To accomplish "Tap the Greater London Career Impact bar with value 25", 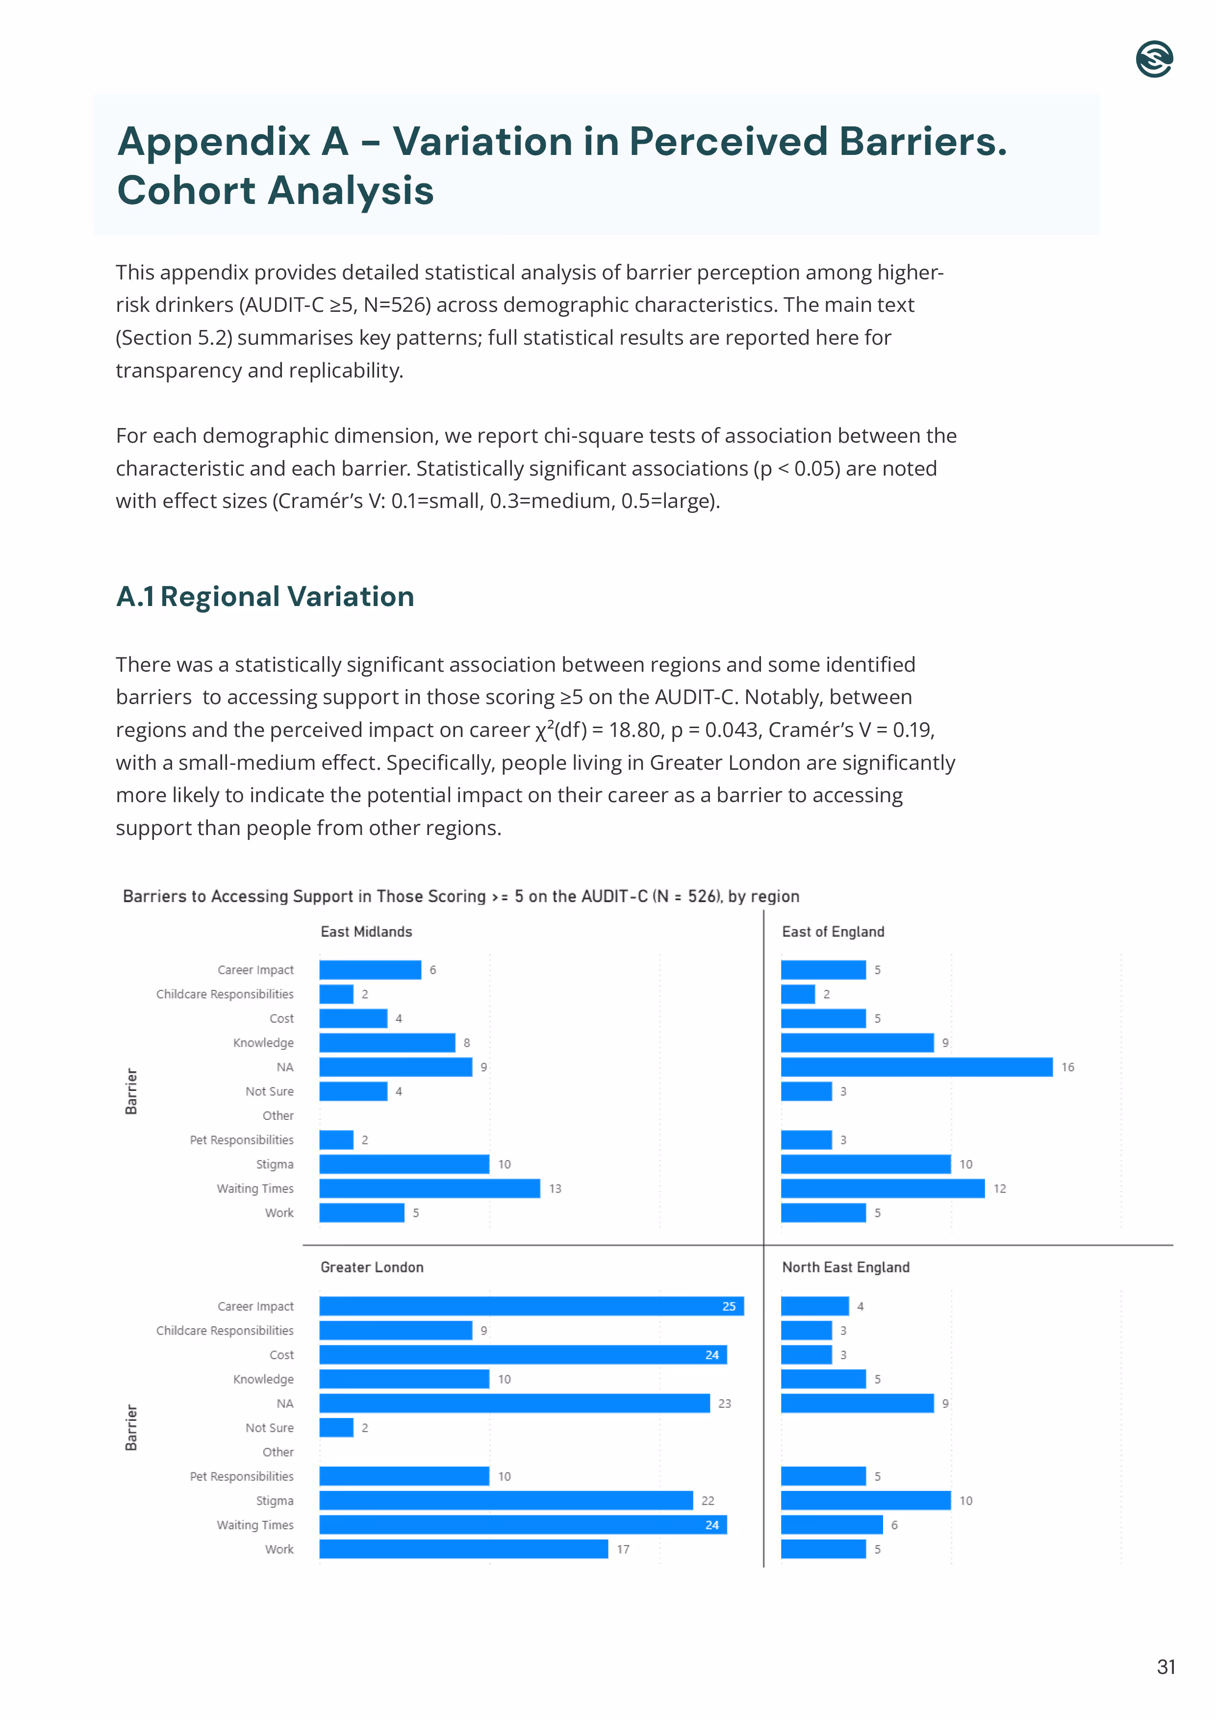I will tap(531, 1306).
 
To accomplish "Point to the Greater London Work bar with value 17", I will tap(463, 1548).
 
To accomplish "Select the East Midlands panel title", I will tap(366, 931).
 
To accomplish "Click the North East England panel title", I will tap(845, 1267).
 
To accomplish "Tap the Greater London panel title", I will tap(372, 1267).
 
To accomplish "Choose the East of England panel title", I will tap(833, 931).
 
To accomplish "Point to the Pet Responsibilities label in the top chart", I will tap(241, 1139).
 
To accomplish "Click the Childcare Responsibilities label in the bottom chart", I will tap(224, 1331).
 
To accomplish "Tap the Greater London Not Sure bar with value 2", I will tap(336, 1427).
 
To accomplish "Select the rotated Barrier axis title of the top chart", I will tap(131, 1091).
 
